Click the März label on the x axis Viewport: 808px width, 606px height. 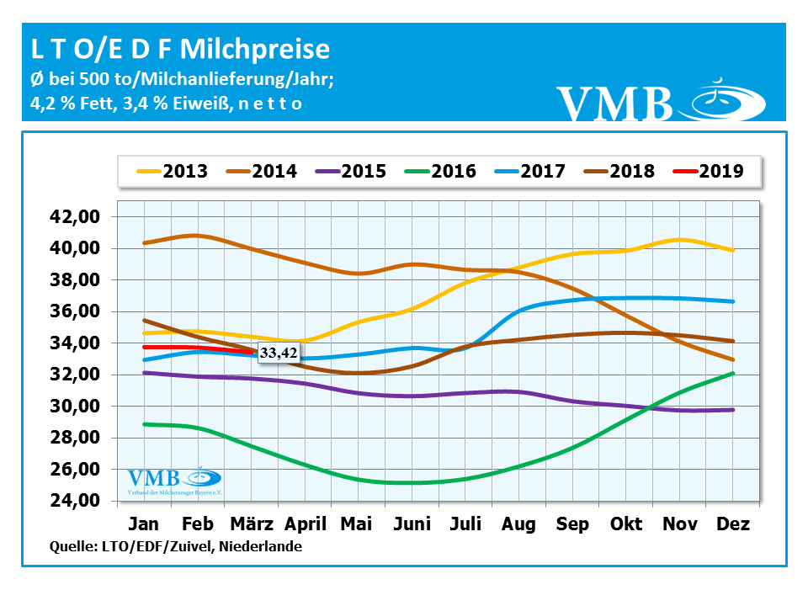tap(250, 524)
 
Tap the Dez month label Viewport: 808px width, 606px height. tap(732, 524)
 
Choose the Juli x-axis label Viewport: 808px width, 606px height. tap(465, 524)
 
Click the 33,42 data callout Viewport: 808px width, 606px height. tap(278, 354)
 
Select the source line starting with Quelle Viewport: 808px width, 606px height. tap(177, 547)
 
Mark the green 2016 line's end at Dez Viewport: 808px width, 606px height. tap(734, 373)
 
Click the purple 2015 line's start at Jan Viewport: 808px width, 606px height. tap(144, 372)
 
